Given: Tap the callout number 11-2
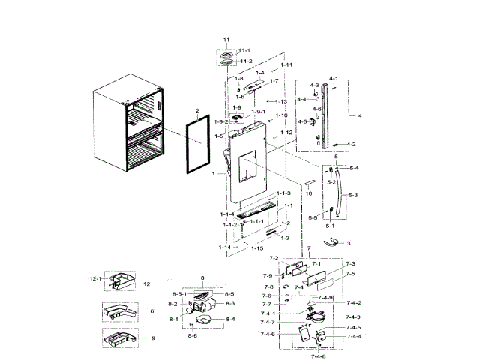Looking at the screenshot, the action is click(246, 61).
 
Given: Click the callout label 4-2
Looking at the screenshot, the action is click(352, 144).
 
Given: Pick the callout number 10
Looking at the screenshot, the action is click(307, 193).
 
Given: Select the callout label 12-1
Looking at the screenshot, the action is click(95, 278).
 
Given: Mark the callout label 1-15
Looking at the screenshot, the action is click(257, 247).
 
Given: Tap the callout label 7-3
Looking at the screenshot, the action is click(350, 264).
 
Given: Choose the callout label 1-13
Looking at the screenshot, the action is click(281, 101).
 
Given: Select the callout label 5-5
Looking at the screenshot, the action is click(313, 218).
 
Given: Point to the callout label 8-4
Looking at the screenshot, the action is click(229, 319).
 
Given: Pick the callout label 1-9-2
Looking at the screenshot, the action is click(220, 121).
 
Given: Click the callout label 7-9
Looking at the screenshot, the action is click(268, 276).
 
